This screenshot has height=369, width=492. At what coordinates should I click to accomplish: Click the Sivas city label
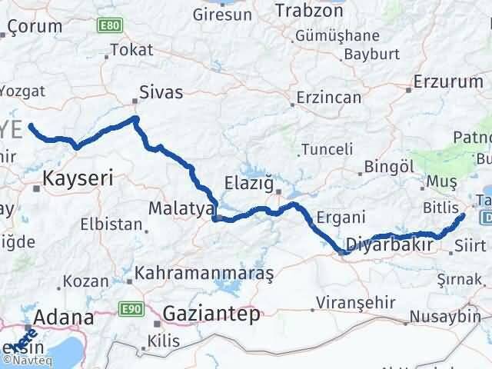click(x=161, y=92)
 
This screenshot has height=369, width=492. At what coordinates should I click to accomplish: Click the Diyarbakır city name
click(x=391, y=244)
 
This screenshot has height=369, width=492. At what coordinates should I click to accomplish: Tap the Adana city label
click(x=61, y=316)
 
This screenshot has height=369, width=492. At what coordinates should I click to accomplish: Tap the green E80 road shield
click(x=108, y=25)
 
